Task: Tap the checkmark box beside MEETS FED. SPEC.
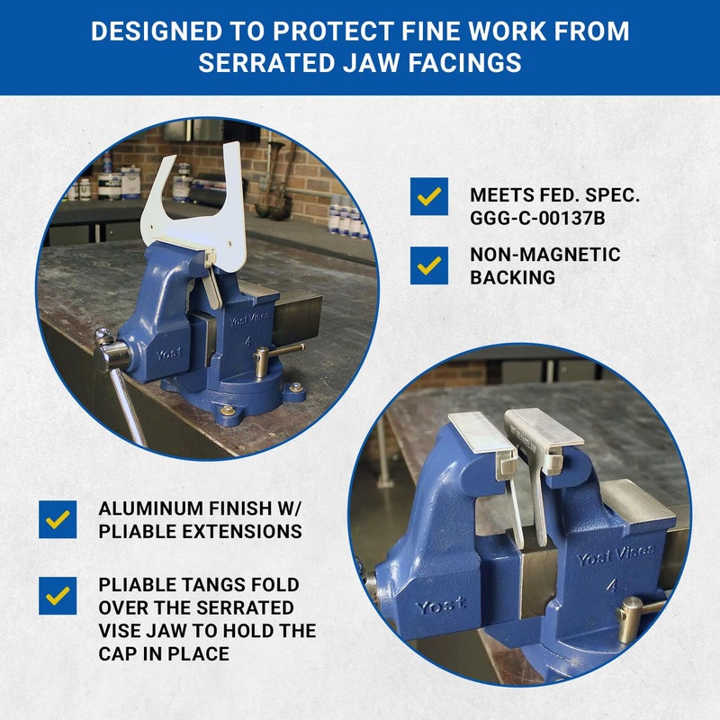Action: coord(429,196)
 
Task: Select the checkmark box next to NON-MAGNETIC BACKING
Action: coord(429,265)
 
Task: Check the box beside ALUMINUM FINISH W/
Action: coord(58,519)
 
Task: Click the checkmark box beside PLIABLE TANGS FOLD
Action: coord(58,596)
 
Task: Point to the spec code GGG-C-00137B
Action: coord(537,218)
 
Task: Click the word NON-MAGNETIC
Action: coord(545,255)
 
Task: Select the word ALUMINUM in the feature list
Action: coord(150,508)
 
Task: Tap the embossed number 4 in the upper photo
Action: coord(248,341)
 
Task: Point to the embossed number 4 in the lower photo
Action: coord(611,587)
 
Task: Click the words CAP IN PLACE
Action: coord(164,653)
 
